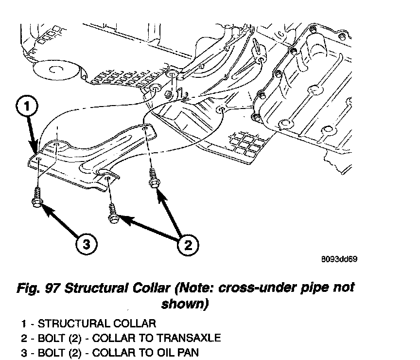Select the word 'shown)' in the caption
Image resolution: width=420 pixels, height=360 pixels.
pyautogui.click(x=185, y=305)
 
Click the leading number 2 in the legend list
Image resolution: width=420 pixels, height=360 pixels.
pyautogui.click(x=23, y=338)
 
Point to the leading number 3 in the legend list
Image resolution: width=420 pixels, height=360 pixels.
pyautogui.click(x=23, y=352)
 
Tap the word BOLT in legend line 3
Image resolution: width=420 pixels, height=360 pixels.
pyautogui.click(x=50, y=352)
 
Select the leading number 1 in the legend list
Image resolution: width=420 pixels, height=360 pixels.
pyautogui.click(x=23, y=323)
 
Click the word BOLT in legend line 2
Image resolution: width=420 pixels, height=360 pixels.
pyautogui.click(x=50, y=338)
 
